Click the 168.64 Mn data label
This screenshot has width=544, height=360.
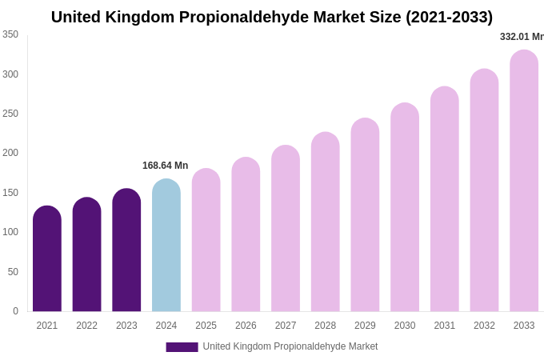(165, 166)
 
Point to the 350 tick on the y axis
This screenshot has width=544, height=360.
(10, 34)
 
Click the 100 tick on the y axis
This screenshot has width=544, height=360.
(10, 232)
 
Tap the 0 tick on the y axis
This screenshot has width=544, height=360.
(15, 311)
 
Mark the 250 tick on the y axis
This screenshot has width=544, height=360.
(10, 114)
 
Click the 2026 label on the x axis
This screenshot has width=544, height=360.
(246, 326)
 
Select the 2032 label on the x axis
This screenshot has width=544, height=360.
(484, 326)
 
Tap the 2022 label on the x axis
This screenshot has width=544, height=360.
(86, 326)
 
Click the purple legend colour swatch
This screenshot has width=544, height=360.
(182, 347)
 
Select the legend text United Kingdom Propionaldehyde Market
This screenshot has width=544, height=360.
(290, 346)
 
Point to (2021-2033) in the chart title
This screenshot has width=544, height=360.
(450, 17)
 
